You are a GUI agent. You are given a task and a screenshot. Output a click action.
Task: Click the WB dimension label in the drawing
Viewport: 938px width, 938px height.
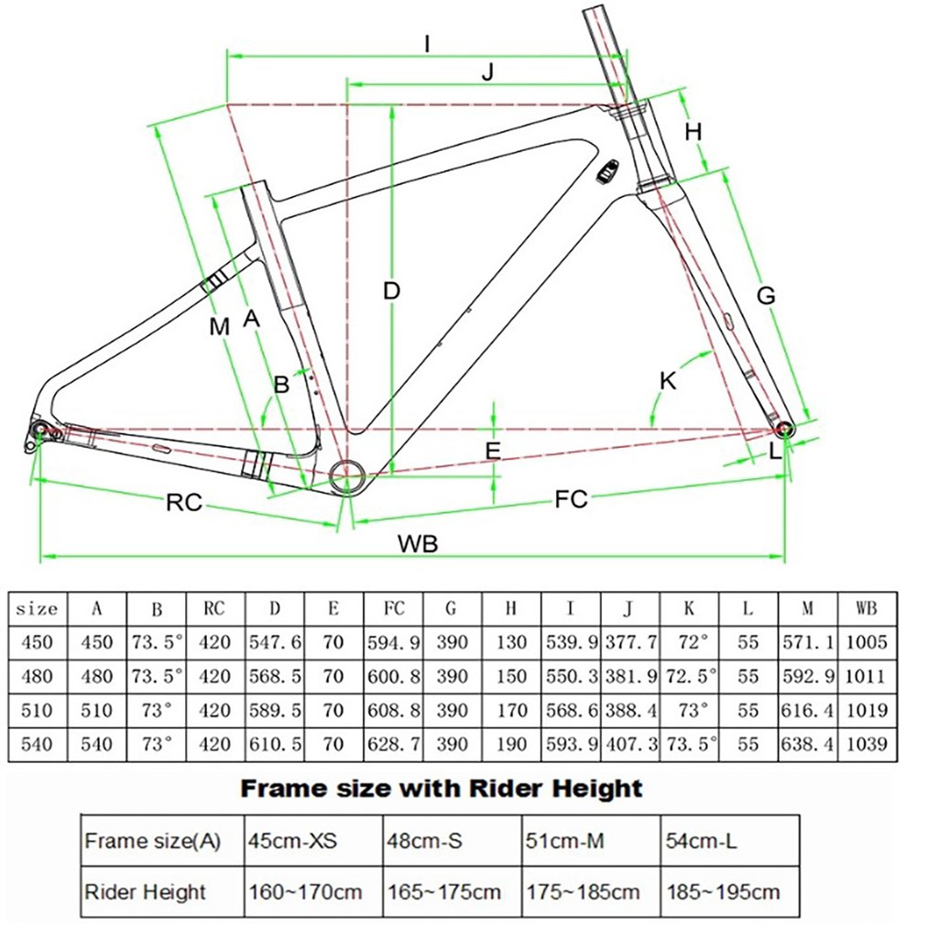[418, 543]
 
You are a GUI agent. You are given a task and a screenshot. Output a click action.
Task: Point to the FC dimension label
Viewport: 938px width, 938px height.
[571, 499]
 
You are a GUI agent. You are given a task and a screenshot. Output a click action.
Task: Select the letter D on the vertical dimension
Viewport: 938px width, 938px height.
[392, 291]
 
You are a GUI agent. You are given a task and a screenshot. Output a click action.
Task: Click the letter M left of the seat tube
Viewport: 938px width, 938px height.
[218, 326]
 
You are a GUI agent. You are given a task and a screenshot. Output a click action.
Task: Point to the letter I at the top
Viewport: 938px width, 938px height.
[427, 43]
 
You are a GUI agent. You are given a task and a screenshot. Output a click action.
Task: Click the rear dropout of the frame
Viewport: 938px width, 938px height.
[39, 431]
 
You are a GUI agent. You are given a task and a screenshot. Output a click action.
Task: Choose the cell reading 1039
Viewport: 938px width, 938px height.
[867, 744]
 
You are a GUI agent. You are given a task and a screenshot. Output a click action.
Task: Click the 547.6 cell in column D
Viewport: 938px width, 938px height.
[275, 642]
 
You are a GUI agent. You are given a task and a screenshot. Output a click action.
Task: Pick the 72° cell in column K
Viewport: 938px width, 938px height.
[690, 642]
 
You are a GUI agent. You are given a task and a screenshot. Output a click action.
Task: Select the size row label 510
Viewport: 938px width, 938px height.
[38, 710]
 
